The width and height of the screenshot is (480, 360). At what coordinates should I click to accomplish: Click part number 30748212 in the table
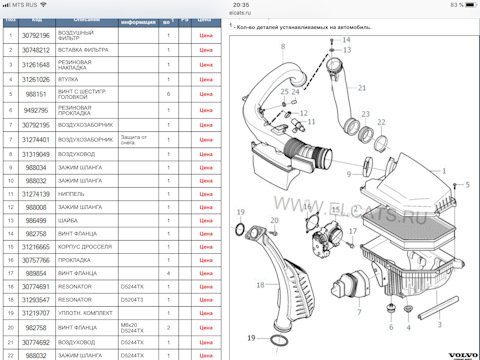coord(35,48)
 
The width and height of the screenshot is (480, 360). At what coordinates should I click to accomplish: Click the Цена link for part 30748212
coord(206,48)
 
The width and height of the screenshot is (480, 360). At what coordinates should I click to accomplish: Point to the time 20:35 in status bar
coord(240,5)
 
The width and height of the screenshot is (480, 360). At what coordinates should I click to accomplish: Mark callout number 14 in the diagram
coord(348,49)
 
